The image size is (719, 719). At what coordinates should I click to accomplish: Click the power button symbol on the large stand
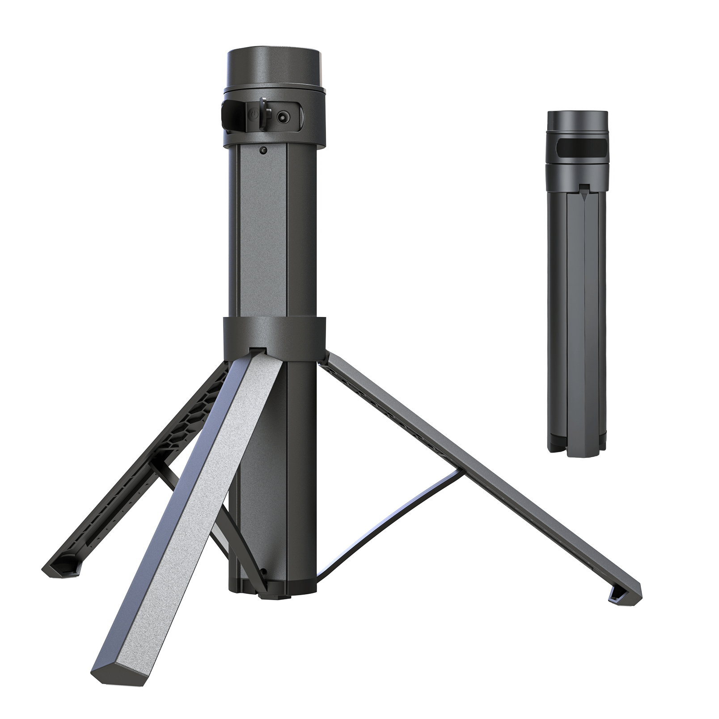(254, 115)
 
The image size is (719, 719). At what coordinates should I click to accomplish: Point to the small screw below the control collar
(263, 150)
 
